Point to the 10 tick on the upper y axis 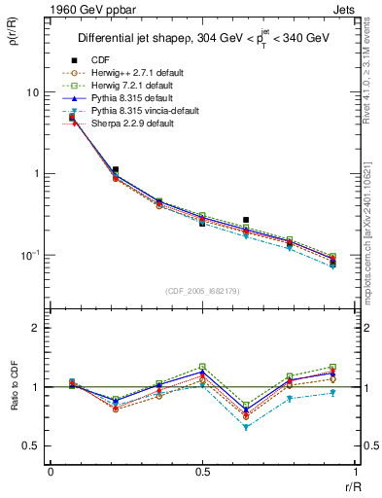click(33, 92)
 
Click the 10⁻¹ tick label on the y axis click(29, 255)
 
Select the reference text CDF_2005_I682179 click(203, 291)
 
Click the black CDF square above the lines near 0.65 click(246, 220)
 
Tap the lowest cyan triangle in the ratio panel click(246, 427)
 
